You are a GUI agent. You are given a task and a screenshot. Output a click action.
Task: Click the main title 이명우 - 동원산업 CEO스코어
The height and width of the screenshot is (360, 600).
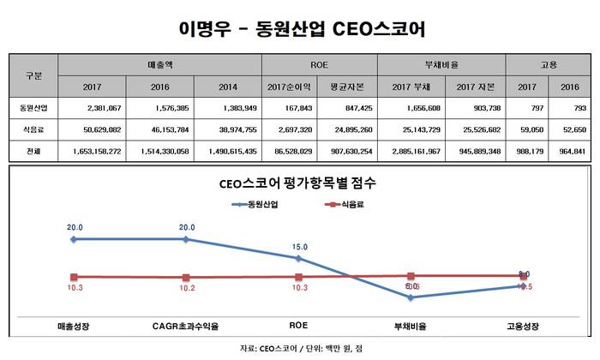tap(299, 28)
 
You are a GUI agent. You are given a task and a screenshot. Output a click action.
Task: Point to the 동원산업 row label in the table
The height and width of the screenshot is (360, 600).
tap(33, 109)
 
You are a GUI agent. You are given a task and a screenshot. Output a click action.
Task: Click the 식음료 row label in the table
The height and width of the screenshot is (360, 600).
tap(33, 130)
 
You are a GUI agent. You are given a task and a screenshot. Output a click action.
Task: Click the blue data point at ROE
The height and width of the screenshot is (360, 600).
tap(297, 258)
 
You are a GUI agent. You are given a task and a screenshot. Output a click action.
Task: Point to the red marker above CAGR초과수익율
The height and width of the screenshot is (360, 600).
tap(186, 278)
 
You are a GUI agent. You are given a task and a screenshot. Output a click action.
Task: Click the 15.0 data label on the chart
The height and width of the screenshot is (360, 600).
tap(297, 245)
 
